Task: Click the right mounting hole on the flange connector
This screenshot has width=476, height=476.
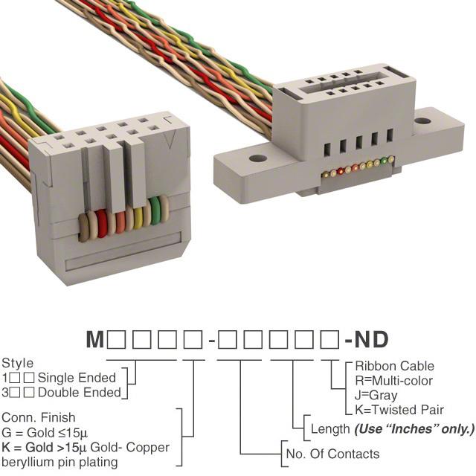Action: pyautogui.click(x=422, y=121)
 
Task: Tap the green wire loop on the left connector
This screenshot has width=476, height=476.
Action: pyautogui.click(x=155, y=210)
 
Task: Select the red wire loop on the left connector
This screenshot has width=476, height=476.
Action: pyautogui.click(x=102, y=224)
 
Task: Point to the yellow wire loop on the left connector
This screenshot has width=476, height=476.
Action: pyautogui.click(x=138, y=218)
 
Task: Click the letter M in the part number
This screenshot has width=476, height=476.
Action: pyautogui.click(x=95, y=339)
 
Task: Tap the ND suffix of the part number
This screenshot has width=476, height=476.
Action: pyautogui.click(x=371, y=339)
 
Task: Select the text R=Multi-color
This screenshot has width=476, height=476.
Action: pyautogui.click(x=393, y=381)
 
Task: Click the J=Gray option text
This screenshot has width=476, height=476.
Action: pyautogui.click(x=376, y=395)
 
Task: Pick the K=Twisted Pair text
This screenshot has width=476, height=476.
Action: pyautogui.click(x=399, y=410)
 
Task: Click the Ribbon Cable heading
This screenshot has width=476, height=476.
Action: pyautogui.click(x=394, y=366)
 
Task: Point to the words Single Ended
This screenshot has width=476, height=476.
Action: pyautogui.click(x=77, y=378)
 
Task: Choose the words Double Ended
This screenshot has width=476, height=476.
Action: pyautogui.click(x=80, y=393)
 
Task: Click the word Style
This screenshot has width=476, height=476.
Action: pyautogui.click(x=18, y=364)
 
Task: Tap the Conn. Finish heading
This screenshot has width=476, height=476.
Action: pyautogui.click(x=38, y=417)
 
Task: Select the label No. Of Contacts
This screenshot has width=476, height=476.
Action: pyautogui.click(x=332, y=454)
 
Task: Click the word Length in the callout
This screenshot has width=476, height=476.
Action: pyautogui.click(x=330, y=429)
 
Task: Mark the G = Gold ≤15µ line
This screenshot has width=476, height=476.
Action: pyautogui.click(x=45, y=433)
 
